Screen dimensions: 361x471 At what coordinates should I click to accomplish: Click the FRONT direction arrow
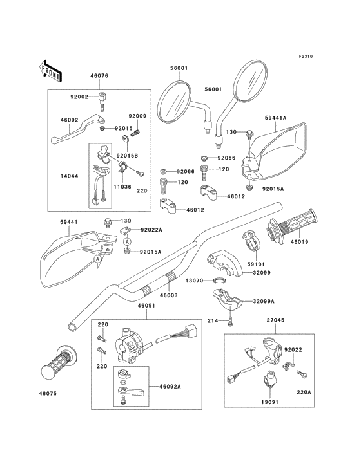[x=50, y=71]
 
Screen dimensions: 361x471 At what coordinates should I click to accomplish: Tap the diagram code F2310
[x=306, y=56]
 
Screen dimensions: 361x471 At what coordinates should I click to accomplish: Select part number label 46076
[x=99, y=76]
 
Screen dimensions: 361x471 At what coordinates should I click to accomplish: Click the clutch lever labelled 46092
[x=77, y=127]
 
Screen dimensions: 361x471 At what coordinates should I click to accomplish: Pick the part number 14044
[x=69, y=176]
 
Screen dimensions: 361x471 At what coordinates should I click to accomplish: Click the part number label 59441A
[x=275, y=118]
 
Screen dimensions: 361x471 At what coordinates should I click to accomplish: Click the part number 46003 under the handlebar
[x=168, y=295]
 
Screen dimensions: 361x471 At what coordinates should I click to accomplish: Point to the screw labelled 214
[x=230, y=320]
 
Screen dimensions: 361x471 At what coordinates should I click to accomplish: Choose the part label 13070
[x=194, y=281]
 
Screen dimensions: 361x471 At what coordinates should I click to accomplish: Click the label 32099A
[x=264, y=301]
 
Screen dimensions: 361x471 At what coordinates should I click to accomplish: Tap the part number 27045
[x=275, y=320]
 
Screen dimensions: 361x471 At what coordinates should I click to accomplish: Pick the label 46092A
[x=170, y=387]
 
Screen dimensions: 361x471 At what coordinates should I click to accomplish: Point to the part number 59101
[x=256, y=264]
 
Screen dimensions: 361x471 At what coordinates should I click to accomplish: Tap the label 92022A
[x=151, y=230]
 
